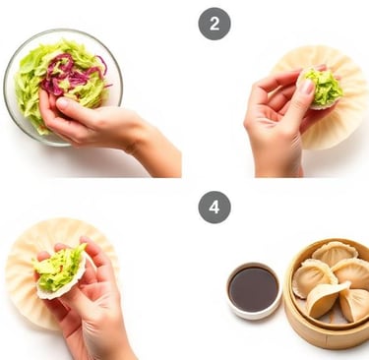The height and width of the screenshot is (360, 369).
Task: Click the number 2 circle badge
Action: pyautogui.click(x=215, y=24)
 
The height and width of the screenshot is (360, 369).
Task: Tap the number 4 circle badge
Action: pyautogui.click(x=215, y=208)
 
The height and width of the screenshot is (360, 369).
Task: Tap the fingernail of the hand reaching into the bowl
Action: pyautogui.click(x=62, y=102)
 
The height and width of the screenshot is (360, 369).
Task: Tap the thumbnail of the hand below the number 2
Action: pyautogui.click(x=307, y=87)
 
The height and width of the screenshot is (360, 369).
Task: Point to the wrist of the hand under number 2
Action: pyautogui.click(x=278, y=164)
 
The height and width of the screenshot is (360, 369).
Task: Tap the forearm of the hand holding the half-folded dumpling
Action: pyautogui.click(x=105, y=341)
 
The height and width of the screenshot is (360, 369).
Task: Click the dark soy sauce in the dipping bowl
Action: pyautogui.click(x=254, y=288)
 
